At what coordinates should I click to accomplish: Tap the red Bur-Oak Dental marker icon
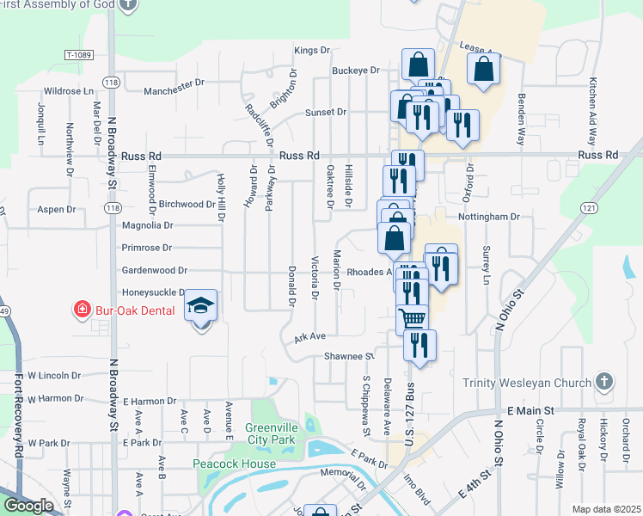point(82,309)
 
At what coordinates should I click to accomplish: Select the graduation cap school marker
point(201,307)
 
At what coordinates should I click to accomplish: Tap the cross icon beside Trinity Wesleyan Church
point(604,381)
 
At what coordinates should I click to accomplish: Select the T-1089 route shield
point(78,54)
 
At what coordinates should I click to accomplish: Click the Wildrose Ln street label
point(69,90)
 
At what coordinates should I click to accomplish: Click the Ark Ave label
point(309,336)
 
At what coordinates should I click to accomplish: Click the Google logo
point(28,506)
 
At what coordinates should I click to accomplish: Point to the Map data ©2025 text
point(606,509)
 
